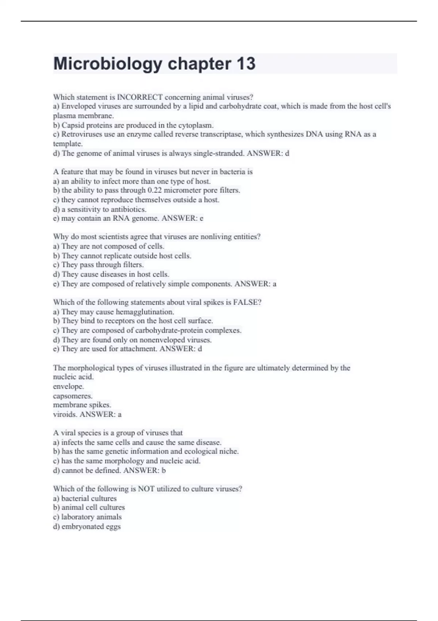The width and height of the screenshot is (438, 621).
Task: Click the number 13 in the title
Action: click(246, 64)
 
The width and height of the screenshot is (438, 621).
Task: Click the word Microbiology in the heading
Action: click(108, 64)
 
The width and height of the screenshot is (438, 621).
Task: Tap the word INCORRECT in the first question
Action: click(140, 97)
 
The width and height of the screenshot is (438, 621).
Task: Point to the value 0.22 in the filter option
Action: click(154, 190)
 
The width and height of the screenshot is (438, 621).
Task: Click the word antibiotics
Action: click(128, 209)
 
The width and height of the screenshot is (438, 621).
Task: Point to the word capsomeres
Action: click(73, 396)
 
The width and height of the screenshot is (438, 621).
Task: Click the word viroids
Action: click(65, 415)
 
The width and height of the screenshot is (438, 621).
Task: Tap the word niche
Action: click(229, 452)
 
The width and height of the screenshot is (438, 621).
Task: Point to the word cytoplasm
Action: click(196, 125)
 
